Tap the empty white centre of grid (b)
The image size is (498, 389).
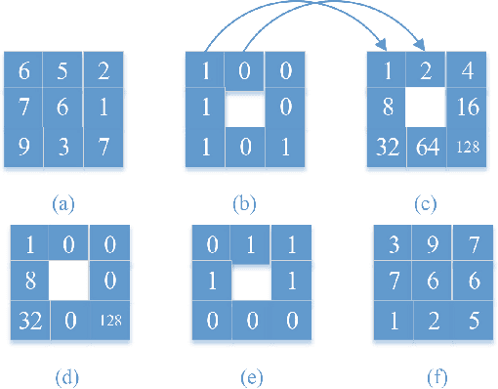coord(244,108)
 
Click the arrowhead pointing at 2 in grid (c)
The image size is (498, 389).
coord(422,45)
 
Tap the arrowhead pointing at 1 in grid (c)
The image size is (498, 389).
coord(385,45)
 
